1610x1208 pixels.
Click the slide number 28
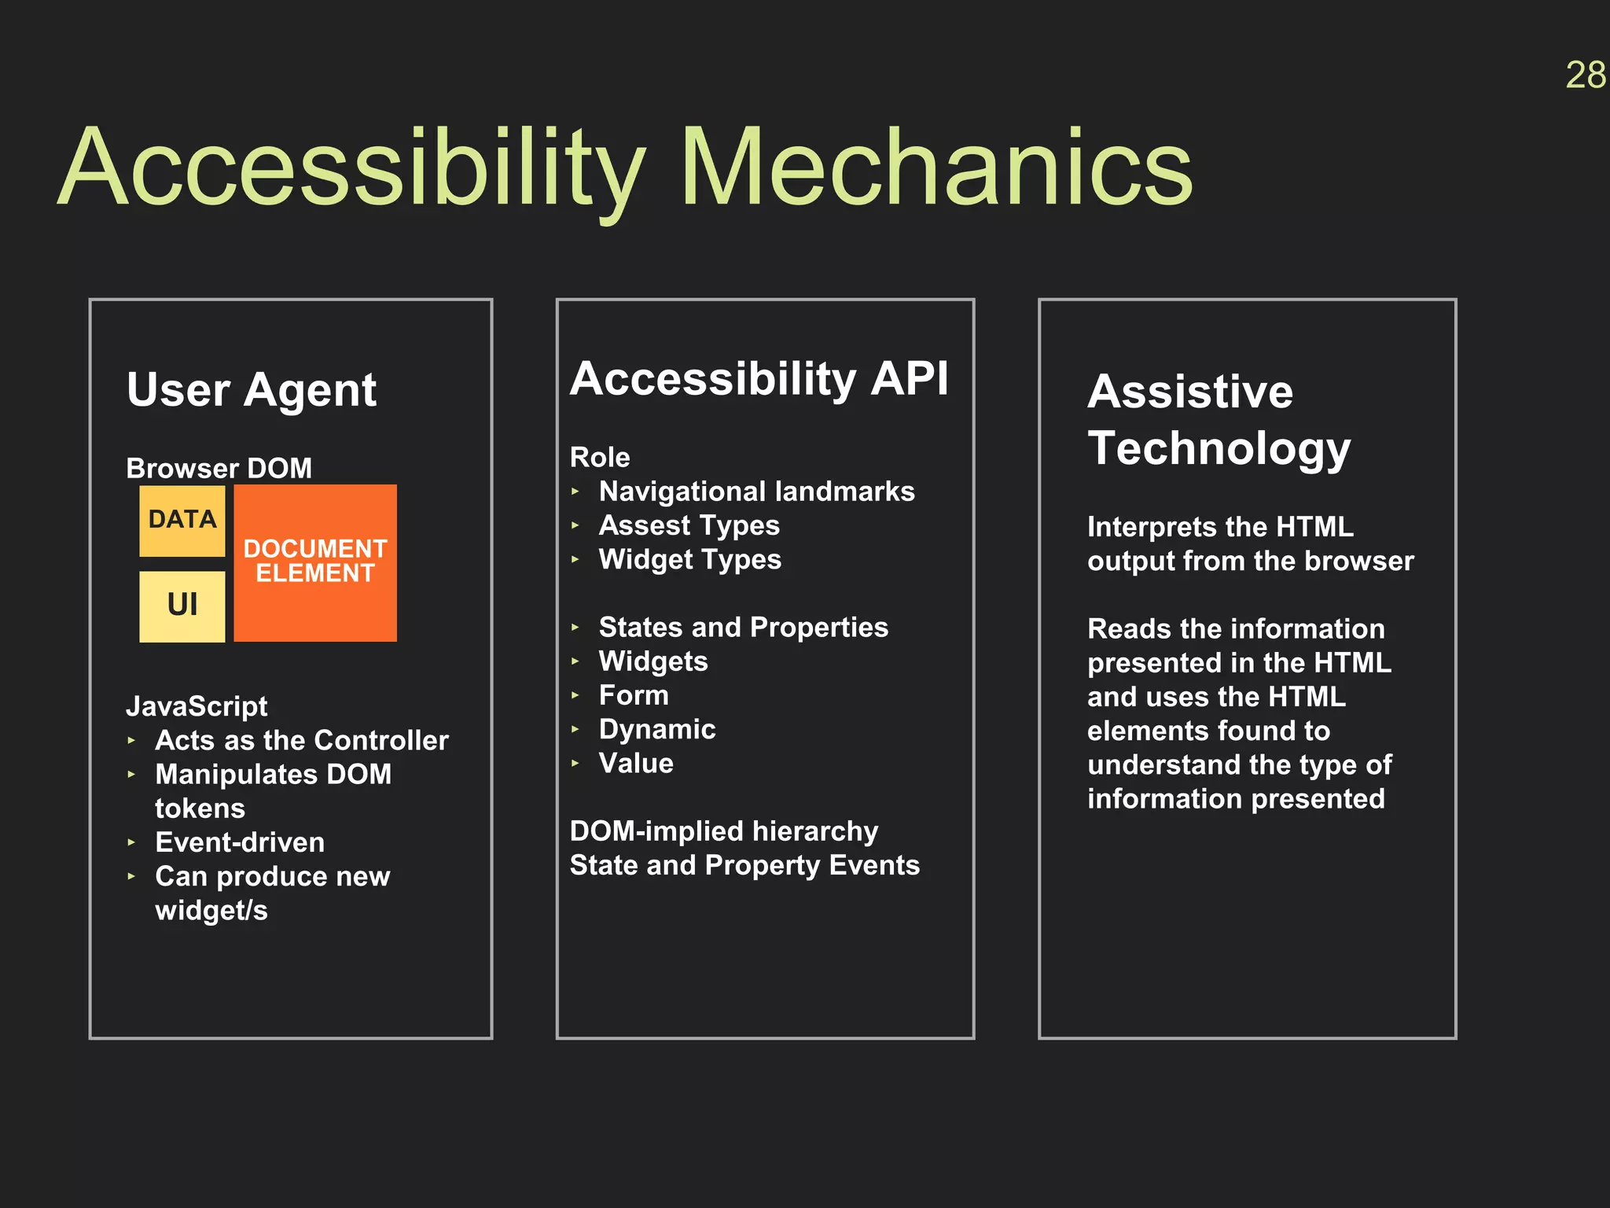pyautogui.click(x=1585, y=76)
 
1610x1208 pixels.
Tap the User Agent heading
pyautogui.click(x=252, y=390)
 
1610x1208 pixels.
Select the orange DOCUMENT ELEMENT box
pyautogui.click(x=315, y=562)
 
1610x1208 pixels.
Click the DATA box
pyautogui.click(x=182, y=520)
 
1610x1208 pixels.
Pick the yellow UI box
pyautogui.click(x=182, y=606)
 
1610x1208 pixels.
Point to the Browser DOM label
pyautogui.click(x=219, y=469)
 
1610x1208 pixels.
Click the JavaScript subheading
pyautogui.click(x=197, y=706)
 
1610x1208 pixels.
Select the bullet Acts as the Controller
pyautogui.click(x=302, y=741)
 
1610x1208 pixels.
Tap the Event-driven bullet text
pyautogui.click(x=240, y=843)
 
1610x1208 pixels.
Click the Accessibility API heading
pyautogui.click(x=759, y=379)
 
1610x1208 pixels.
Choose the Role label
pyautogui.click(x=600, y=458)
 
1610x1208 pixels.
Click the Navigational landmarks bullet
pyautogui.click(x=756, y=492)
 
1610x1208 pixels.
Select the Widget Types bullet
pyautogui.click(x=689, y=560)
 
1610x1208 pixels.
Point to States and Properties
pyautogui.click(x=743, y=628)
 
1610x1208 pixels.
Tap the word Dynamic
pyautogui.click(x=657, y=730)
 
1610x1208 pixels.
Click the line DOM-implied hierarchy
pyautogui.click(x=724, y=831)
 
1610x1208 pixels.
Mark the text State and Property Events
pyautogui.click(x=744, y=866)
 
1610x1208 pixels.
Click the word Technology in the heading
pyautogui.click(x=1219, y=448)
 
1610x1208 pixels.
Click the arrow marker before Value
pyautogui.click(x=575, y=764)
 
